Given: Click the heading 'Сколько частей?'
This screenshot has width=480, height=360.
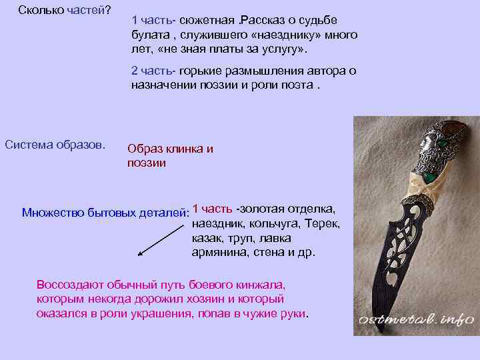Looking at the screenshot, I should pyautogui.click(x=64, y=11).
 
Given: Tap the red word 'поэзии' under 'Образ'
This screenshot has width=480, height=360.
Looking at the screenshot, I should pyautogui.click(x=147, y=162).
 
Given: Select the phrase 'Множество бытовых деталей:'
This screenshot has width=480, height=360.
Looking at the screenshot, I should pyautogui.click(x=105, y=213).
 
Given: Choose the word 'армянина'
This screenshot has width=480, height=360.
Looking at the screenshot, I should pyautogui.click(x=220, y=253).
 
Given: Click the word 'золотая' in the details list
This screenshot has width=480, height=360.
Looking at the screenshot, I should pyautogui.click(x=271, y=209).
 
